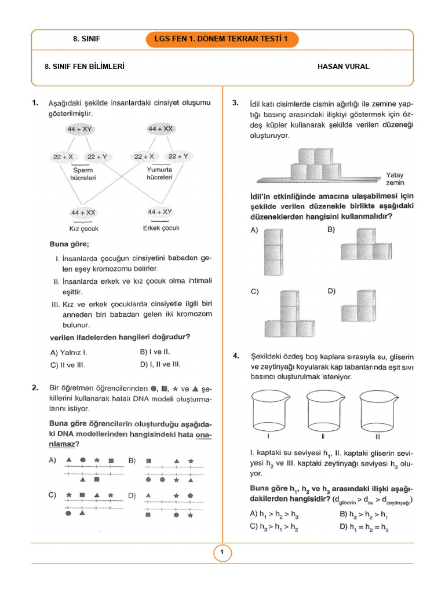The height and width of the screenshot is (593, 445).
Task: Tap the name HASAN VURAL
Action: (344, 67)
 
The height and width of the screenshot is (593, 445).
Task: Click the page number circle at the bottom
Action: (222, 553)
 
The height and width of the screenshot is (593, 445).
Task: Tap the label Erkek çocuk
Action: (161, 228)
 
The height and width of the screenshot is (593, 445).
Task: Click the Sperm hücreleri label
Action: (82, 174)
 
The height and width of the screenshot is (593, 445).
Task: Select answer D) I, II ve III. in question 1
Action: (161, 365)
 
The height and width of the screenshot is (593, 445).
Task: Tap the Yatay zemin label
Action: (395, 178)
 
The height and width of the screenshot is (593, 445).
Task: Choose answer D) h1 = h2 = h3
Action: (364, 528)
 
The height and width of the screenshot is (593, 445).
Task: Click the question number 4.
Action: (235, 356)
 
